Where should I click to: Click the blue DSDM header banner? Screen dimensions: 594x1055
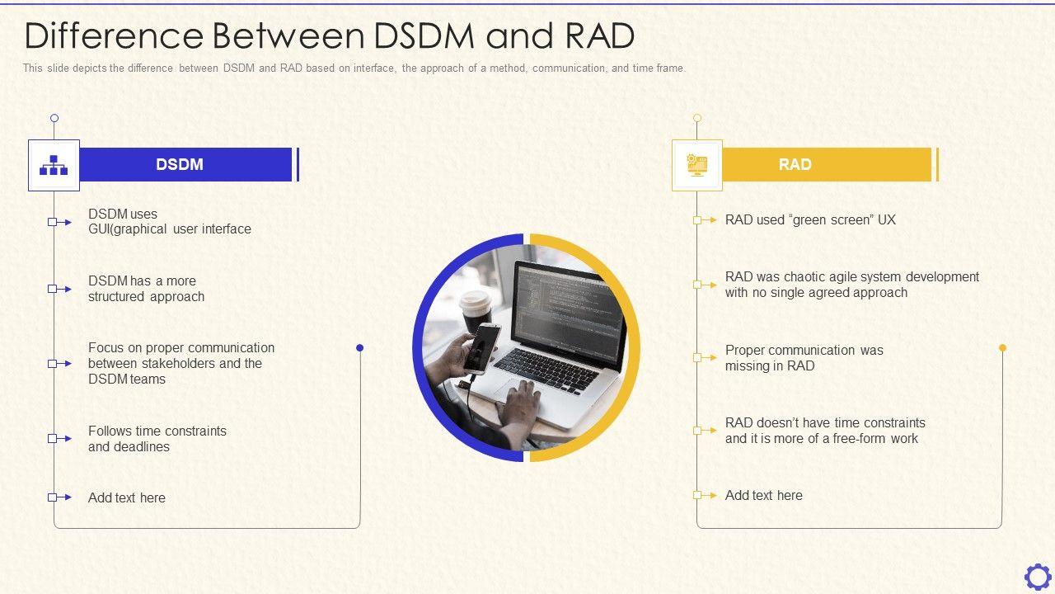pyautogui.click(x=185, y=164)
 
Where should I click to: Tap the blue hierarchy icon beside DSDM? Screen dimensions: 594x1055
pyautogui.click(x=54, y=165)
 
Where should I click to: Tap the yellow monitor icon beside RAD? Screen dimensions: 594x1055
pyautogui.click(x=697, y=165)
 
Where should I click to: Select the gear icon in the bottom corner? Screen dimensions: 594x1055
pyautogui.click(x=1037, y=576)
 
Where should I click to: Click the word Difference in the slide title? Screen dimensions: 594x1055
pyautogui.click(x=114, y=36)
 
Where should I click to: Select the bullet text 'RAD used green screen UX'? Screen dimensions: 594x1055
pyautogui.click(x=810, y=220)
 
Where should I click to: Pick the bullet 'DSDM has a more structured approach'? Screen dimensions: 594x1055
pyautogui.click(x=146, y=289)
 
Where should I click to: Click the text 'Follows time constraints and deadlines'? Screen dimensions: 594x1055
pyautogui.click(x=157, y=439)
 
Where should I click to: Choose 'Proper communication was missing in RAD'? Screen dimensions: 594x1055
pyautogui.click(x=804, y=358)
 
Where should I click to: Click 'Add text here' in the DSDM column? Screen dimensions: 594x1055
pyautogui.click(x=127, y=497)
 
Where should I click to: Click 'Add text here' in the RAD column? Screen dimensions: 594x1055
pyautogui.click(x=764, y=495)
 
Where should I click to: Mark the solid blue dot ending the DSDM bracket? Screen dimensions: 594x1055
pyautogui.click(x=359, y=348)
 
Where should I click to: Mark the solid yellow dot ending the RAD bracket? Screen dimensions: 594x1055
pyautogui.click(x=1002, y=348)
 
